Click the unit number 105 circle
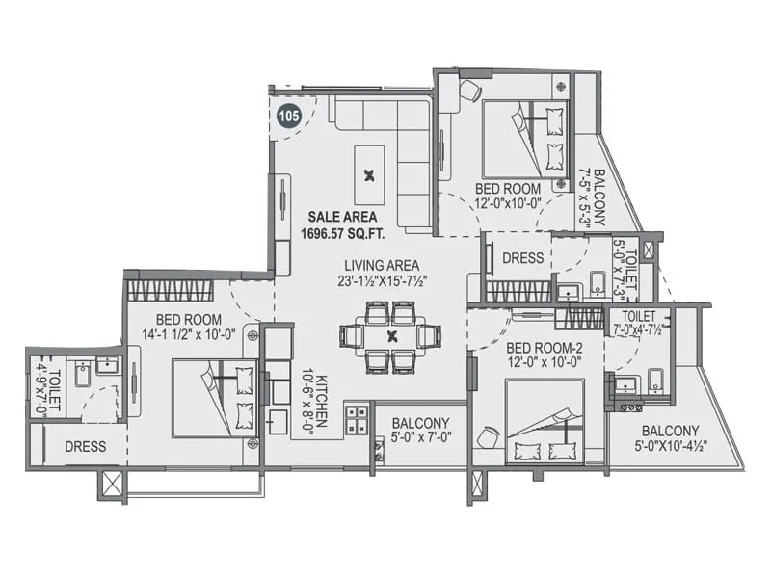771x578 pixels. click(288, 116)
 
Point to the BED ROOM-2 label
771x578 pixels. click(542, 354)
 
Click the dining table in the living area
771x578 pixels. click(390, 336)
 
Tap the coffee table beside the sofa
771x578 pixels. click(369, 174)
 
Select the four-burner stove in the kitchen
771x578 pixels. click(358, 421)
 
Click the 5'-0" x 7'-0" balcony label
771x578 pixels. click(420, 431)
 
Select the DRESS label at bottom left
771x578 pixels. click(85, 447)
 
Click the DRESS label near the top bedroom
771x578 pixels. click(523, 258)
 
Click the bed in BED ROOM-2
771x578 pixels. click(545, 422)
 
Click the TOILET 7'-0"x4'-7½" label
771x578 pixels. click(638, 323)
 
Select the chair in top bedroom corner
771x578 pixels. click(469, 90)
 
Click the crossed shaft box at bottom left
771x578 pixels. click(112, 484)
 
